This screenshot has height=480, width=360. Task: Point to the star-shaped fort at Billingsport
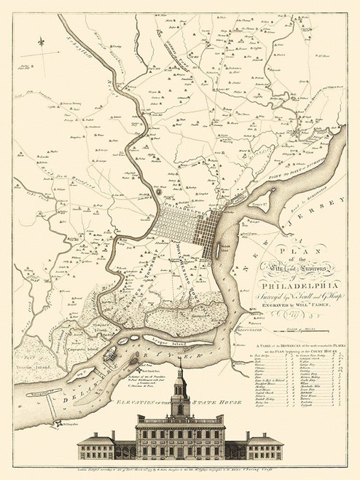tap(58, 443)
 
